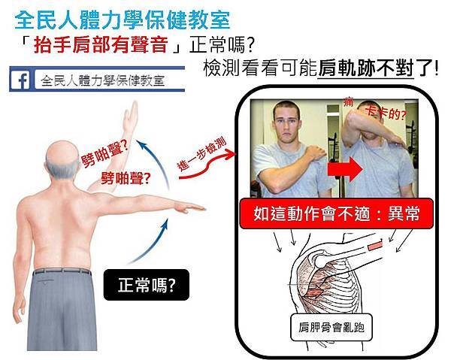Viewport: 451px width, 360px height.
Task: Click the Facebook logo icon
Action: click(21, 80)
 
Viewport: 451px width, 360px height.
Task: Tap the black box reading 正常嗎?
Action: click(147, 285)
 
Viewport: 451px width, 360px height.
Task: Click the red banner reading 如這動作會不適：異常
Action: click(336, 213)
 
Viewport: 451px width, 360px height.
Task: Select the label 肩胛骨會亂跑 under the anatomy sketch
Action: click(331, 327)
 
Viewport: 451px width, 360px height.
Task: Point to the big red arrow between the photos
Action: click(345, 169)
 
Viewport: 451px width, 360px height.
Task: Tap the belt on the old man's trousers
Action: click(62, 271)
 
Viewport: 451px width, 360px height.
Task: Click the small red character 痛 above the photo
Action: click(348, 101)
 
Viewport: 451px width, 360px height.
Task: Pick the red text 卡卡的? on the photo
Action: click(386, 113)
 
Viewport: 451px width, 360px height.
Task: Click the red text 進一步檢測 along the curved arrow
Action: click(202, 154)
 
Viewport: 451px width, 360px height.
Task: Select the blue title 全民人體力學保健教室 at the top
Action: click(123, 20)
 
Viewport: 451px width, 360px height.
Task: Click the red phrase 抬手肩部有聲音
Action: click(101, 45)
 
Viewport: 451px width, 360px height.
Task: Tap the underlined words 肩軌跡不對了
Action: click(366, 68)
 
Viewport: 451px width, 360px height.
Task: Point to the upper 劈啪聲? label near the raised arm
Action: click(104, 154)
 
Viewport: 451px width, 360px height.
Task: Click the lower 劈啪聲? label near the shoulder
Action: click(126, 178)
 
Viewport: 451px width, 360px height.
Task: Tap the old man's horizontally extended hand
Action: click(189, 207)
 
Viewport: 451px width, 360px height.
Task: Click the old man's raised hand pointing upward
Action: click(131, 116)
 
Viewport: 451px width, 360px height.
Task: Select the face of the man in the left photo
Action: click(286, 124)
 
